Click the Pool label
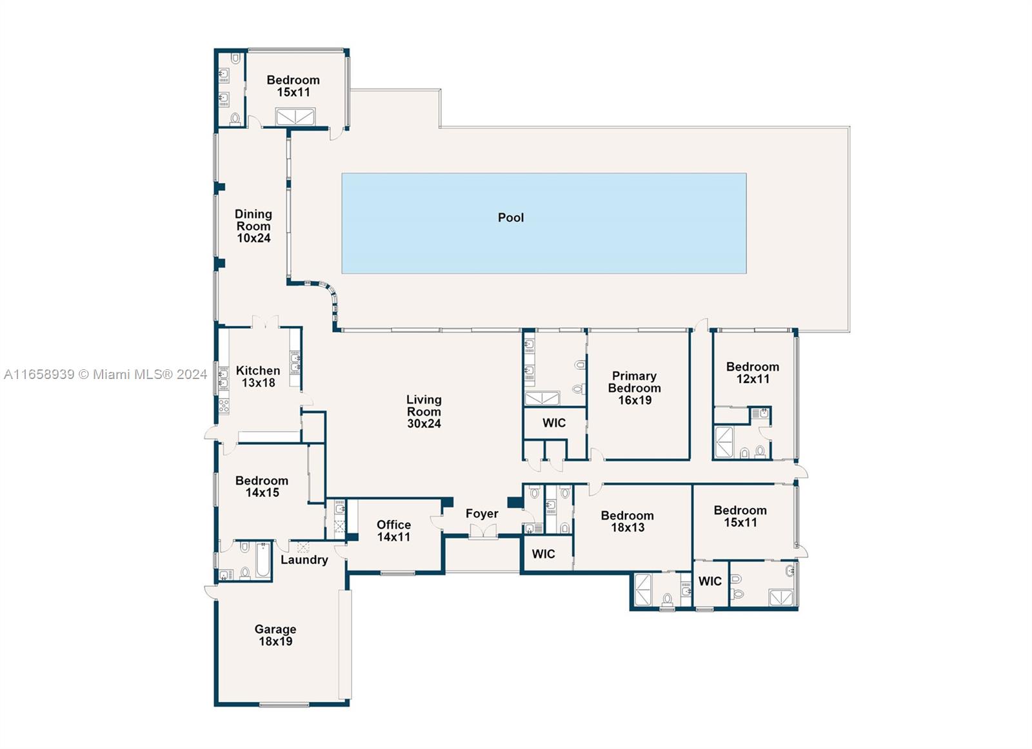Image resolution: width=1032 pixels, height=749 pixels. pos(510,218)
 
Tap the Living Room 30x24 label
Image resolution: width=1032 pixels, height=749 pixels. pos(424,411)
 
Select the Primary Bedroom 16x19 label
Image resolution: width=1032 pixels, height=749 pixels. pos(634,388)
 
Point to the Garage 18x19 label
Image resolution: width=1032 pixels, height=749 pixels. pos(275,635)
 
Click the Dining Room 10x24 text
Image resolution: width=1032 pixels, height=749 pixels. pos(253,226)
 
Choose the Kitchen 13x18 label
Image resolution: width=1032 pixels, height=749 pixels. pos(258,376)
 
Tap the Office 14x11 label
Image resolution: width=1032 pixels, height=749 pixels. pos(393,530)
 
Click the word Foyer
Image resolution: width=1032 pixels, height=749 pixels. pos(482,514)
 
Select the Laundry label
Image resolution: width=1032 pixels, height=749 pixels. pos(304,559)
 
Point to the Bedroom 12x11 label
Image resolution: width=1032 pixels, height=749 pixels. pos(752,373)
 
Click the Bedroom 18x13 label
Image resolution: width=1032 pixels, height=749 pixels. pos(627,521)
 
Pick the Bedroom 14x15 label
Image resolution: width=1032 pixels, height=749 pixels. pos(261,487)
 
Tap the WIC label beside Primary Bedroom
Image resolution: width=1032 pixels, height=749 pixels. pos(553,423)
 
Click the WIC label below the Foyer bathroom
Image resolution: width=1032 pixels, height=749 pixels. pos(543,554)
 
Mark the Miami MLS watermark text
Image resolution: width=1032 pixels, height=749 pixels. pos(105,374)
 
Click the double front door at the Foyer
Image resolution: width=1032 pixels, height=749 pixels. pos(482,532)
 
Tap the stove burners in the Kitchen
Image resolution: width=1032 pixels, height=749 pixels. pos(224,405)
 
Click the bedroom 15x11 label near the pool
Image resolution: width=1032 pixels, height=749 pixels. pos(293,86)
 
